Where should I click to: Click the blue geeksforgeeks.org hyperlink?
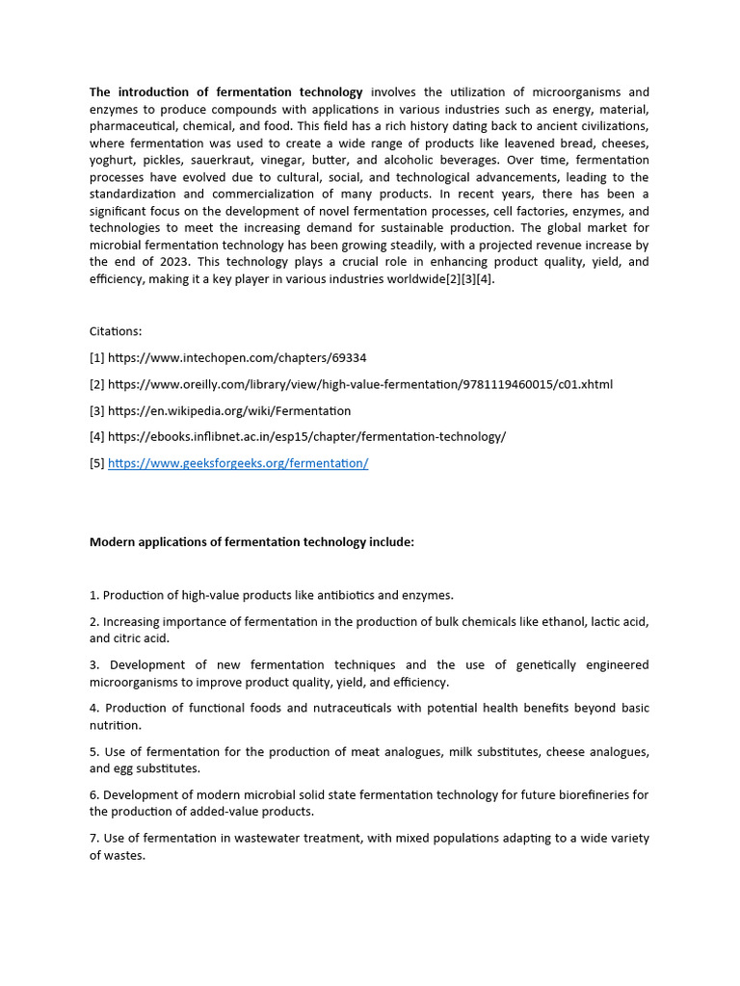pos(238,463)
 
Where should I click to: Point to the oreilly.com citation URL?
pos(359,384)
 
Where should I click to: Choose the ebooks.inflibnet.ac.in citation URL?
pos(306,436)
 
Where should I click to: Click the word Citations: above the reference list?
pos(116,331)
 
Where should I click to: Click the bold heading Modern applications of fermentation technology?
pos(251,542)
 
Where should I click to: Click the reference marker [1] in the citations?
pos(97,358)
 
